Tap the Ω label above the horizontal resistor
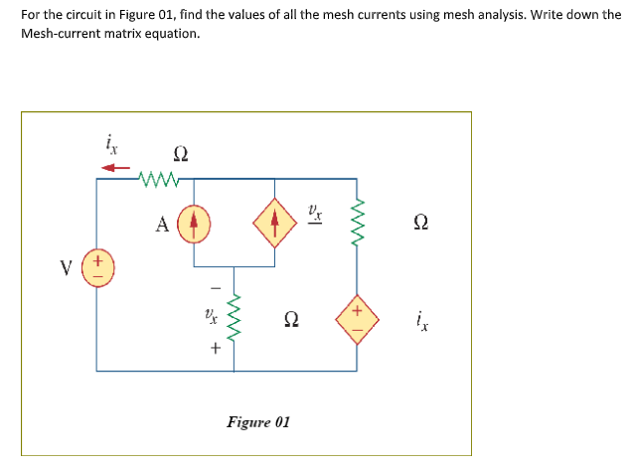coord(180,153)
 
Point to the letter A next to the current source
coord(161,223)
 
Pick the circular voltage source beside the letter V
coord(96,269)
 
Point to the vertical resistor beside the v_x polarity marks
coord(236,317)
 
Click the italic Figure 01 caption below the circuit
coord(258,422)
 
